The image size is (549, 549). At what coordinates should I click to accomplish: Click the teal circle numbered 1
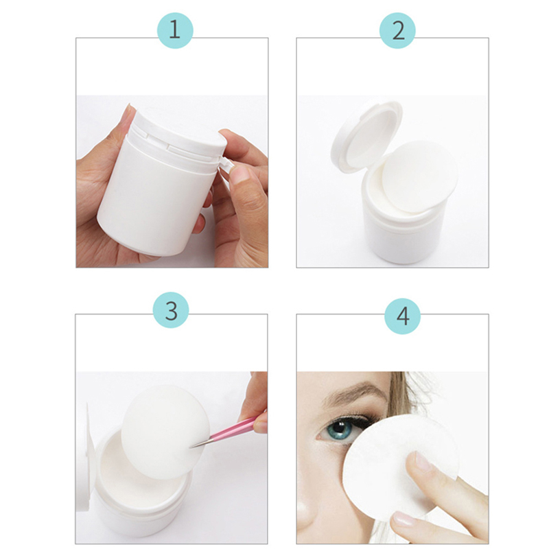point(175,30)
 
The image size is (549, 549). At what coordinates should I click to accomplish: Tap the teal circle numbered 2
point(397,30)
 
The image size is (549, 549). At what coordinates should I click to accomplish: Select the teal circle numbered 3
point(171,310)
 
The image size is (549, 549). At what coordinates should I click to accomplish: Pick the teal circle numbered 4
point(403,316)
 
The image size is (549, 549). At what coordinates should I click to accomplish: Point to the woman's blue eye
point(338,428)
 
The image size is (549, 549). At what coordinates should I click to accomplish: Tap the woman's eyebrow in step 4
point(353,392)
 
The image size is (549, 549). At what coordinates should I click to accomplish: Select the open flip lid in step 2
point(366,139)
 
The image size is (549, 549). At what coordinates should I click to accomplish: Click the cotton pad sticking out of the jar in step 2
point(419,177)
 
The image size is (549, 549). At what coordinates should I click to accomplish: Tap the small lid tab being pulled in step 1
point(226,165)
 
